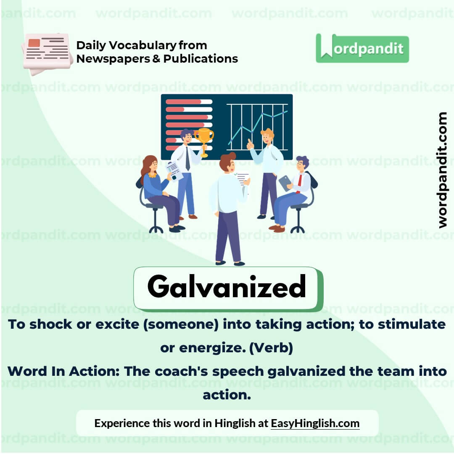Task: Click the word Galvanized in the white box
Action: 227,287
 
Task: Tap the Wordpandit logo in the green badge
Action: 362,48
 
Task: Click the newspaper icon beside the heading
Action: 47,53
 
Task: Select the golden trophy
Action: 204,139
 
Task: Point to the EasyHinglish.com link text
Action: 315,423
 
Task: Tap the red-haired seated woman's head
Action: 150,164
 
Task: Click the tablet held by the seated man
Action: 285,183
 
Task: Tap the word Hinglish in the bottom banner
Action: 234,423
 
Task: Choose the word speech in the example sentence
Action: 243,372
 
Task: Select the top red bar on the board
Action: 184,102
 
